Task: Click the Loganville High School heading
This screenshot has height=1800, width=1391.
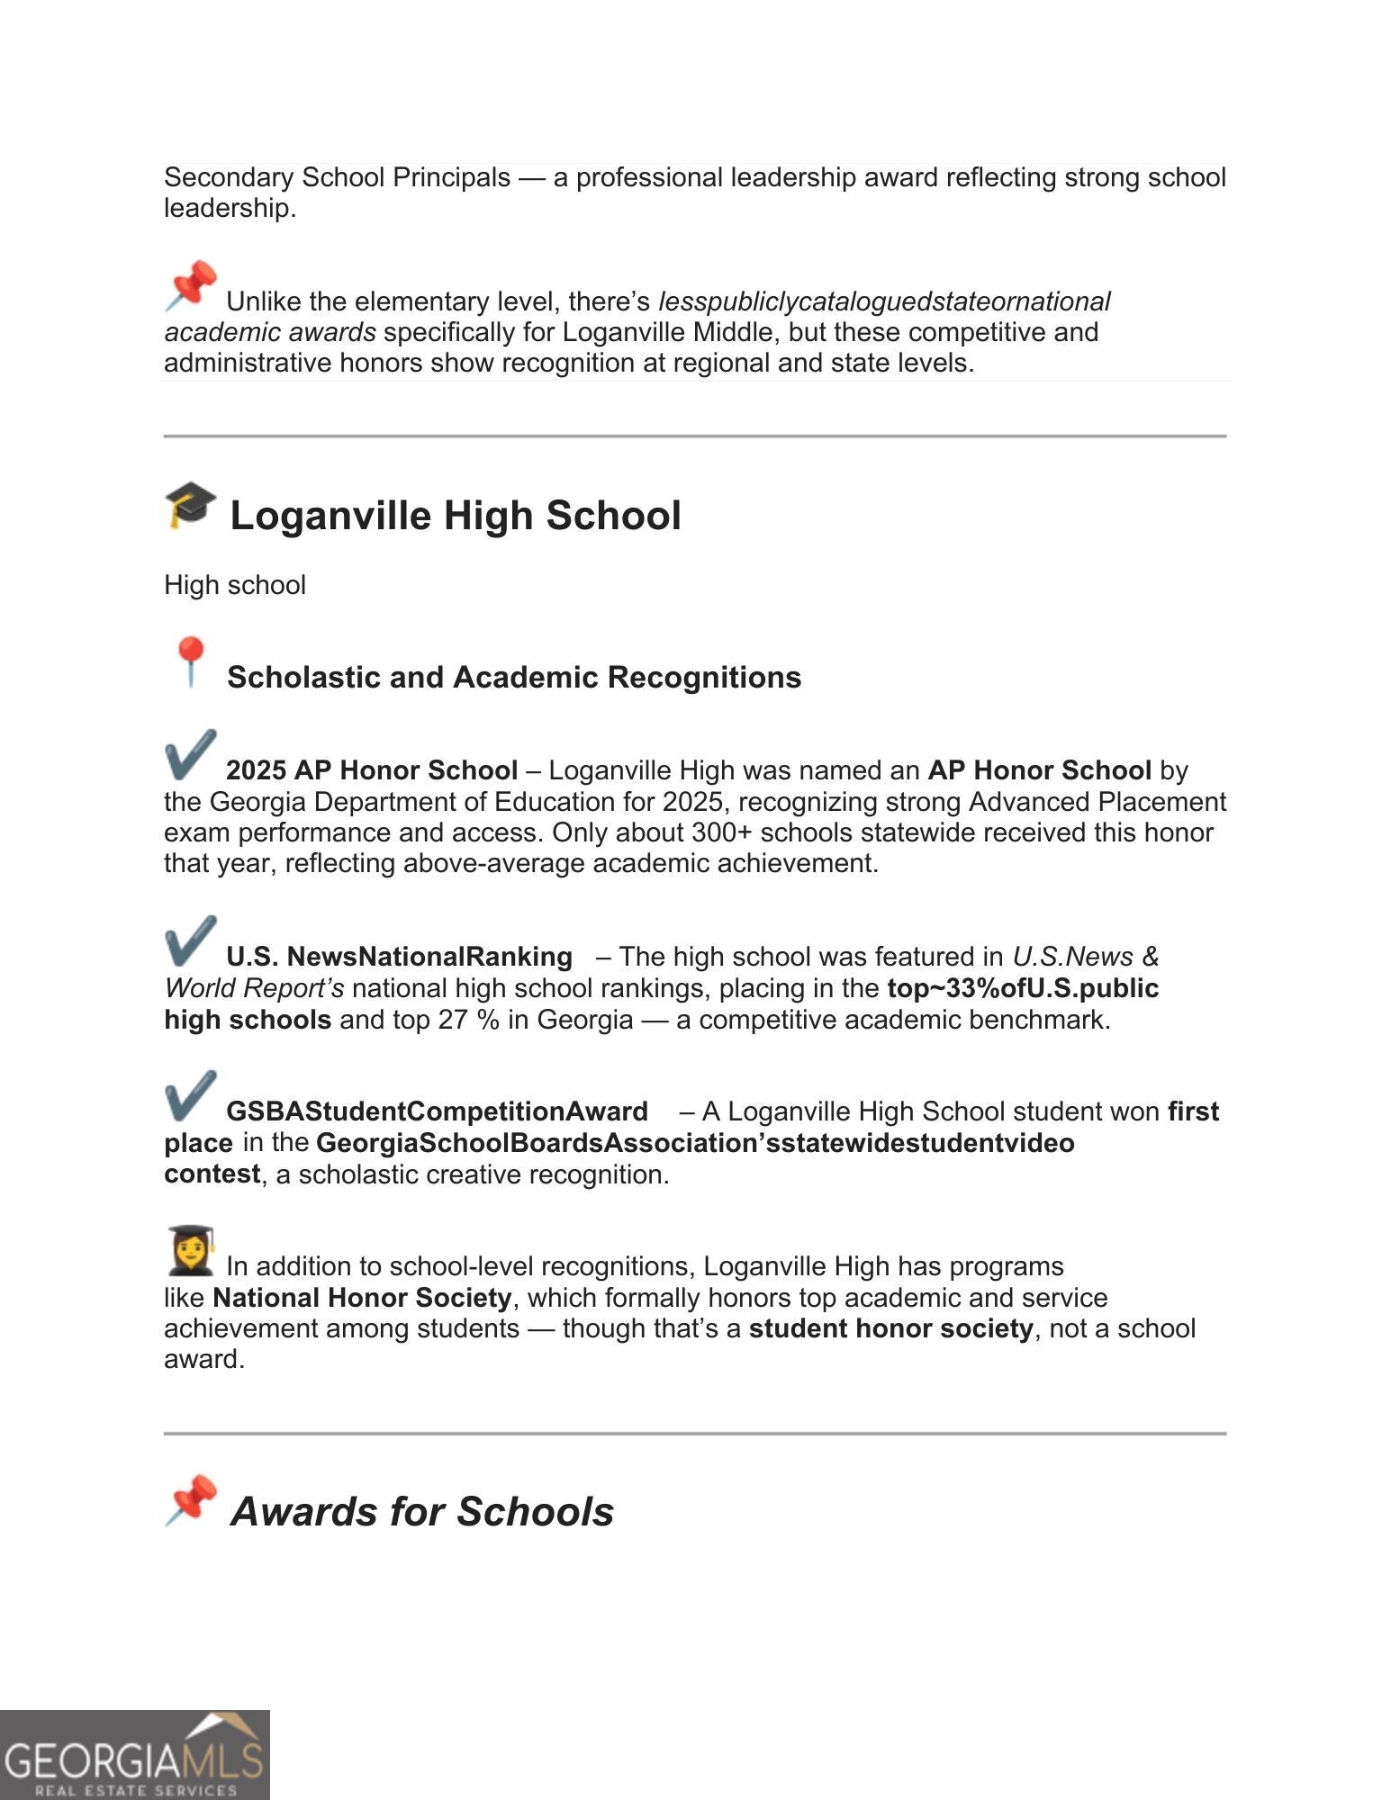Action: coord(455,516)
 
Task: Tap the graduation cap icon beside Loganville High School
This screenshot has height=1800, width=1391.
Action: coord(190,505)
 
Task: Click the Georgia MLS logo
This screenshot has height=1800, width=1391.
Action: coord(135,1755)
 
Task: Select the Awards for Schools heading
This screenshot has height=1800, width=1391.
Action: coord(421,1511)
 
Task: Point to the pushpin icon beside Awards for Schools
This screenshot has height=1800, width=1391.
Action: coord(191,1500)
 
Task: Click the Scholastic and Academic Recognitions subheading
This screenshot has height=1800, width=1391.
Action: coord(513,677)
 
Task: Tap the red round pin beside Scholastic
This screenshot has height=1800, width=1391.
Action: coord(190,661)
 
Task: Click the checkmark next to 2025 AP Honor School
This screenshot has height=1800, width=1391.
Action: coord(190,754)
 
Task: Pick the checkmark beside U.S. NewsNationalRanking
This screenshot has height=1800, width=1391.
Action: coord(190,940)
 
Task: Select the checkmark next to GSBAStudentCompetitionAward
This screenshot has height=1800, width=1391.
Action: coord(190,1095)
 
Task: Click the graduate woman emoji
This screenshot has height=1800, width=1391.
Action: coord(191,1251)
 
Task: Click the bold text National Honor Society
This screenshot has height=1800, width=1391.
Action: coord(362,1298)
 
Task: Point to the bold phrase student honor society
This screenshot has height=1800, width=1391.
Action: coord(890,1328)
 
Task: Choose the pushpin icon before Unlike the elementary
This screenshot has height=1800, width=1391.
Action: coord(191,286)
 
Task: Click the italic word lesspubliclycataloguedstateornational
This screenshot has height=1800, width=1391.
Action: coord(884,301)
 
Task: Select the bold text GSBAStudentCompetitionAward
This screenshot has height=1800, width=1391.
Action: coord(437,1111)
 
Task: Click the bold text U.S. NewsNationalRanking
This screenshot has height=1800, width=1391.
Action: coord(399,957)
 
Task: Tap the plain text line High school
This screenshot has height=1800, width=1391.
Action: coord(235,585)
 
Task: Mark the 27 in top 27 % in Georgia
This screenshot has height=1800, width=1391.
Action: coord(453,1020)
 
